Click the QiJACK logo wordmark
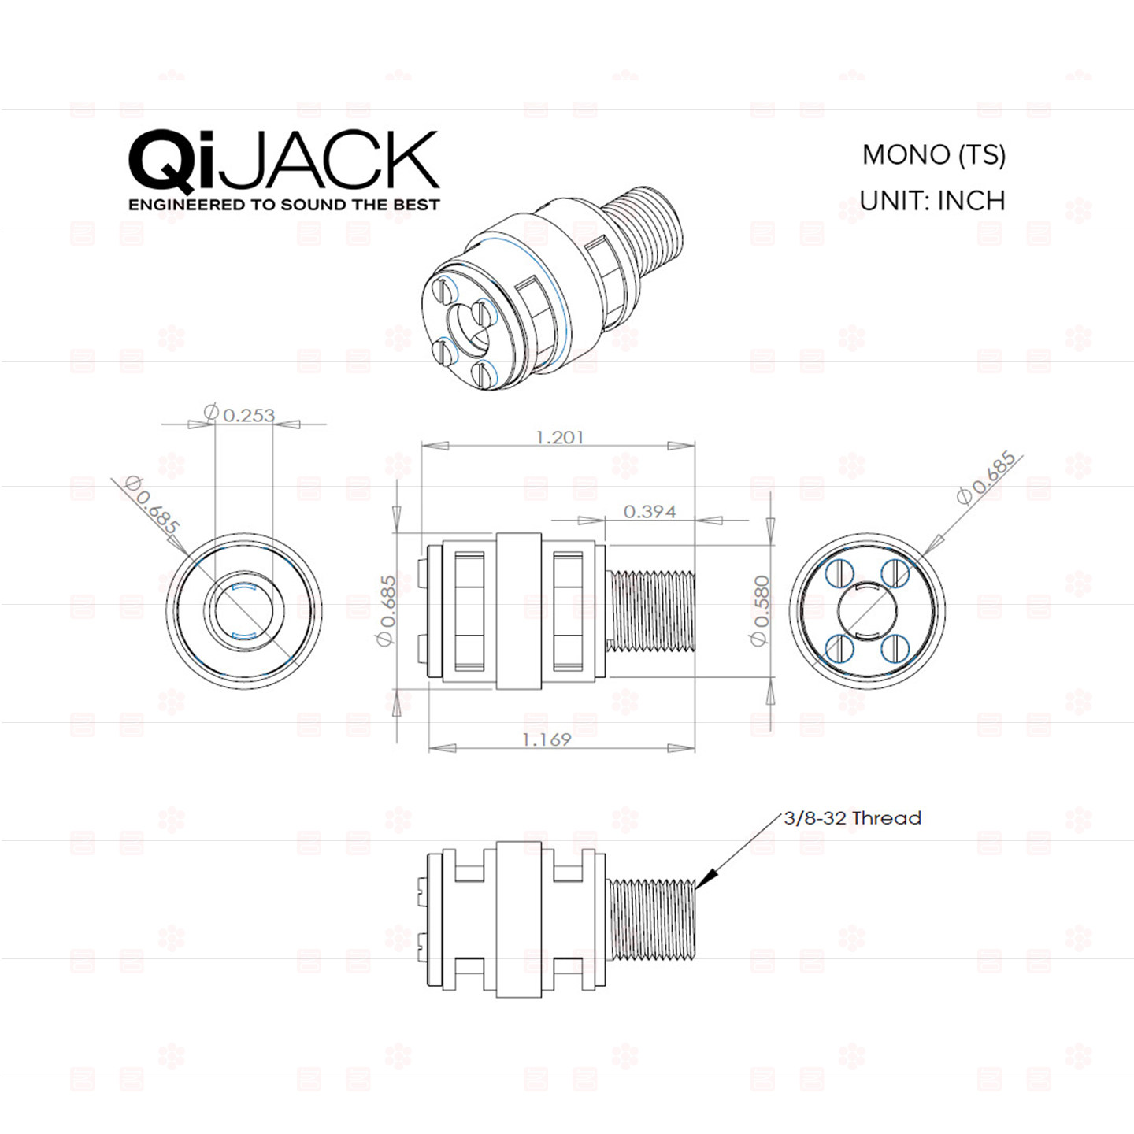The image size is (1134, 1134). click(x=283, y=161)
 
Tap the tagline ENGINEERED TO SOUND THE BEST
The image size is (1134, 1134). click(x=283, y=205)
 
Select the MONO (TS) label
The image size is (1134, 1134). click(x=934, y=154)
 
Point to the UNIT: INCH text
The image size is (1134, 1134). click(x=932, y=201)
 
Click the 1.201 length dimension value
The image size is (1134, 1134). click(x=559, y=437)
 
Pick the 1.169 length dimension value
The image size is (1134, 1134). click(x=547, y=739)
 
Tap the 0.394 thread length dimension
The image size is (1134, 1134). click(x=650, y=511)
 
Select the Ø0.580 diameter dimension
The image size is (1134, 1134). click(x=761, y=610)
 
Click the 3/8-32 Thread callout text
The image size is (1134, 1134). click(x=852, y=817)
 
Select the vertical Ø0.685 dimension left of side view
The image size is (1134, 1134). click(x=386, y=610)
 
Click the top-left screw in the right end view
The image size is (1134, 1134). click(x=839, y=573)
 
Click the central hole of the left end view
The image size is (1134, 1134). click(x=243, y=612)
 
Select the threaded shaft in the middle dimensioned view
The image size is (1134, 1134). click(x=653, y=612)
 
